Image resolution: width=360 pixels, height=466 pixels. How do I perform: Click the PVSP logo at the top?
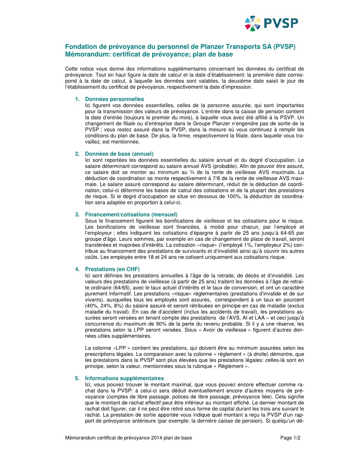(x=271, y=23)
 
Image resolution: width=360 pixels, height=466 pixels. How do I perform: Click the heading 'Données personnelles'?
(x=114, y=99)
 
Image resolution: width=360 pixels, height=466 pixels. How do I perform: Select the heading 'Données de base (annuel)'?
(x=119, y=154)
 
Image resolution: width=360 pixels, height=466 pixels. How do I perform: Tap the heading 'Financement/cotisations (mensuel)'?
(x=131, y=215)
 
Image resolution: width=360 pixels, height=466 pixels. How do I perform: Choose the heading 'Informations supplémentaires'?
(x=124, y=379)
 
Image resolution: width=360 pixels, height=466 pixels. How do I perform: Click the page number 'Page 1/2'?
(x=290, y=438)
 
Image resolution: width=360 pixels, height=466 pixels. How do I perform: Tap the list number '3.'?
(x=78, y=215)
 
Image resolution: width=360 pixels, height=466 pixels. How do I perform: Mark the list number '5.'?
(x=78, y=379)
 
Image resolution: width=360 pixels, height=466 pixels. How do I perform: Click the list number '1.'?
(x=78, y=99)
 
